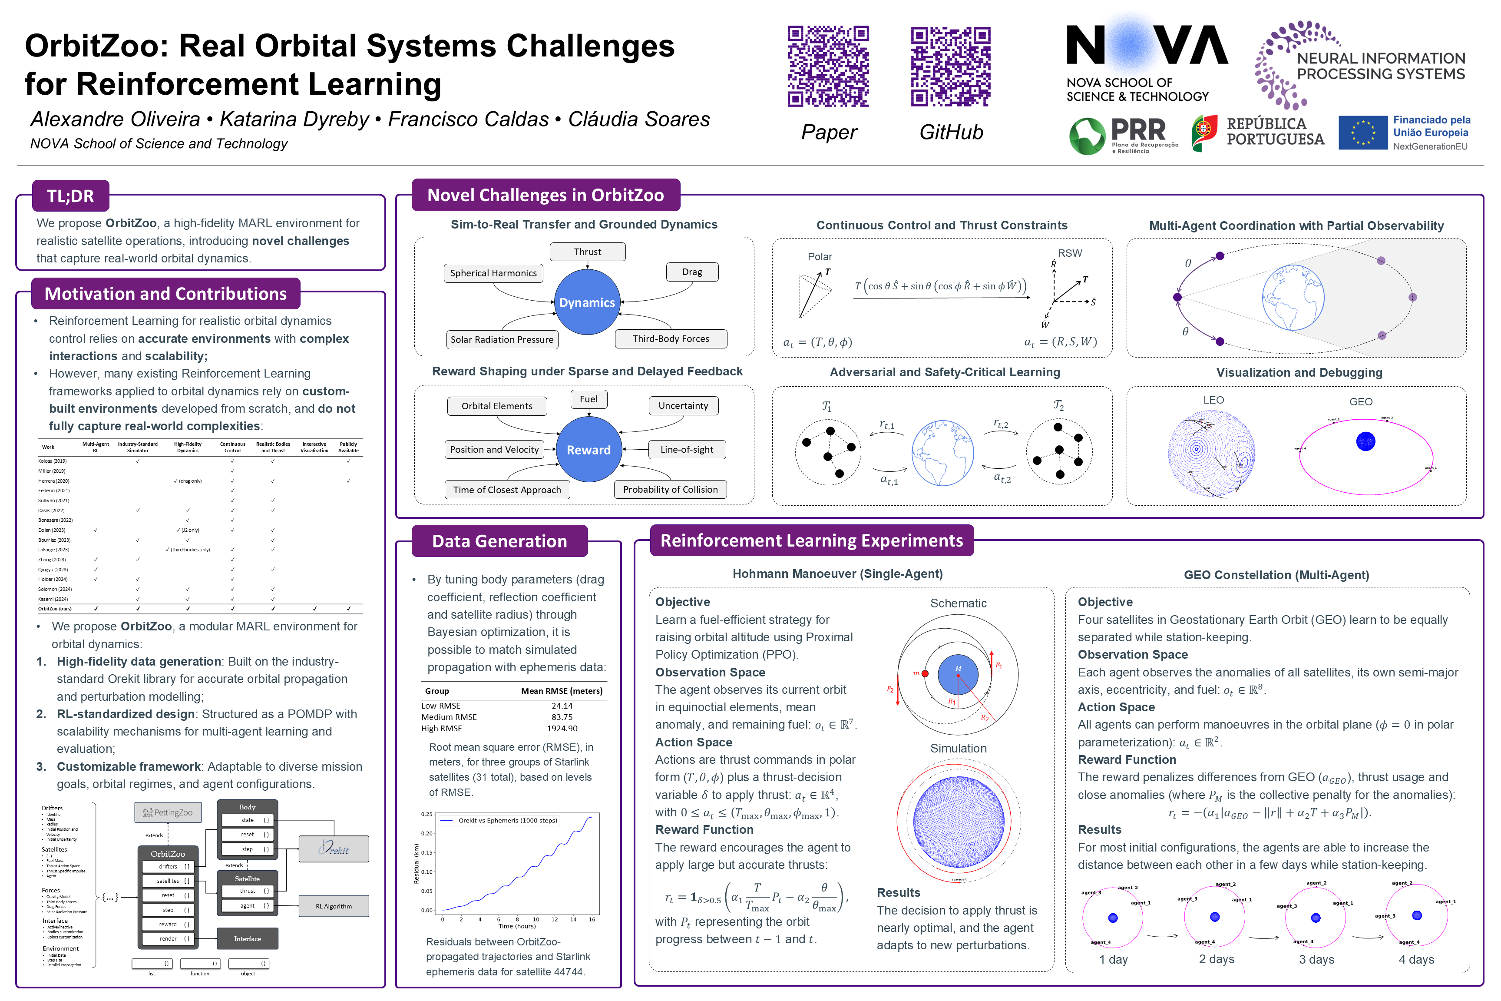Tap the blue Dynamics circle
coord(586,302)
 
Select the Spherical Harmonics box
coord(493,273)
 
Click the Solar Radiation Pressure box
coord(502,340)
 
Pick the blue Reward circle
coord(588,450)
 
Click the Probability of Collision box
coord(670,490)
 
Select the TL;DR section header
coord(71,196)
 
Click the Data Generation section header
coord(500,541)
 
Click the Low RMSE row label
coord(440,706)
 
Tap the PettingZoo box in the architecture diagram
coord(168,813)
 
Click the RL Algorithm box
coord(334,907)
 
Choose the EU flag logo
coord(1362,133)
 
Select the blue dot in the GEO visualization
coord(1365,441)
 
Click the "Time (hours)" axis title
coord(516,926)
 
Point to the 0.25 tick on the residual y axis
coord(426,815)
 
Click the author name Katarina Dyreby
coord(294,119)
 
